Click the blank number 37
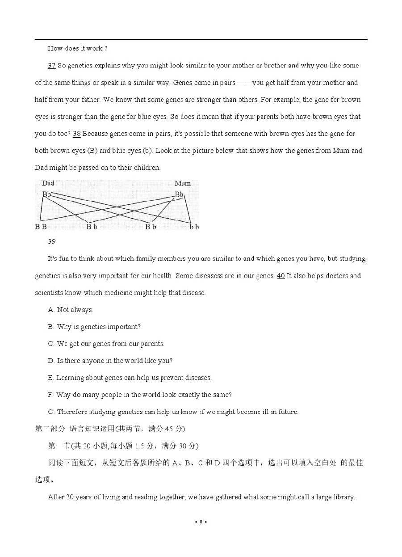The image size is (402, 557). (x=51, y=66)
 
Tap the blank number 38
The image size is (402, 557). (x=76, y=134)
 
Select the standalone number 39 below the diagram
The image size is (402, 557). (x=51, y=241)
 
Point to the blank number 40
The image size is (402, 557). (x=281, y=276)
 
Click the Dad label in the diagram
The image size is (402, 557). (x=48, y=183)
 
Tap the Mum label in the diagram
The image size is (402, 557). (x=182, y=183)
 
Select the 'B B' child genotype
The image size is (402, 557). (x=41, y=227)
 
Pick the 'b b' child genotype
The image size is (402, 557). (x=194, y=227)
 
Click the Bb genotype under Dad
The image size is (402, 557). (x=46, y=194)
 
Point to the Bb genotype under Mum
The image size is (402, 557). (x=179, y=194)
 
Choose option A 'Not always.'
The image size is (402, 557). (x=71, y=310)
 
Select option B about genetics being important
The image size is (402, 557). (x=94, y=327)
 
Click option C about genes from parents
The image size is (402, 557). (x=106, y=344)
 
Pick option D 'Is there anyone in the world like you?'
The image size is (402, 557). (x=110, y=361)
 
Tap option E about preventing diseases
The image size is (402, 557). (x=130, y=378)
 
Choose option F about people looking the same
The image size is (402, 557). (x=139, y=395)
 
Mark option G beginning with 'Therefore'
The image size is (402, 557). (x=172, y=412)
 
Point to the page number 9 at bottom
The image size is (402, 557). (x=201, y=522)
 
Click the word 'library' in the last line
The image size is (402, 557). (x=341, y=497)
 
